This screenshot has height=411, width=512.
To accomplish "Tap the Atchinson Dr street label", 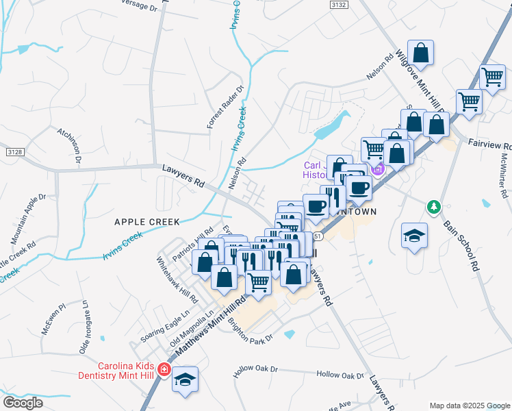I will [71, 145].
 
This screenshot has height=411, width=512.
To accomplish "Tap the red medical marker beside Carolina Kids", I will [163, 370].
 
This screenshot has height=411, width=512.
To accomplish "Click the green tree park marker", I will [433, 206].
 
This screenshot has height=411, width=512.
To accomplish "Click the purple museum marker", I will [377, 166].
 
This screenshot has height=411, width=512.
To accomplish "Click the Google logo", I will [23, 403].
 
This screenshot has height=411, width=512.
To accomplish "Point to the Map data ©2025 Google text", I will [469, 405].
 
